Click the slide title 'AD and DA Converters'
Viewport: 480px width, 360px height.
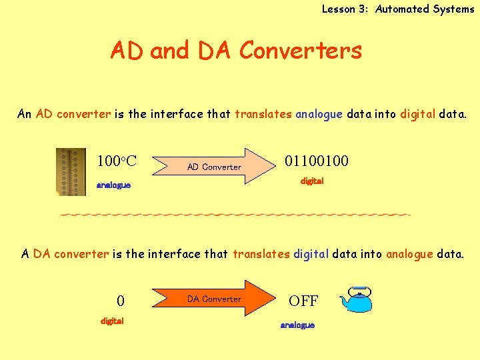click(236, 51)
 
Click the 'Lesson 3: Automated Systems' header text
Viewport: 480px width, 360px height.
click(397, 9)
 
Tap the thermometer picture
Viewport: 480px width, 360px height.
click(71, 171)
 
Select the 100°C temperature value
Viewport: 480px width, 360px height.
click(117, 161)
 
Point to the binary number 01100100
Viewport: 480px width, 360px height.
click(317, 161)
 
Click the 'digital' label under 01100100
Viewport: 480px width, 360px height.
click(312, 181)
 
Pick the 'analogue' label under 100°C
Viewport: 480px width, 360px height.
click(114, 185)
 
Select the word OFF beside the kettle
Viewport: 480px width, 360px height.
click(303, 301)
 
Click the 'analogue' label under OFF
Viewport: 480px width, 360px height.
click(297, 325)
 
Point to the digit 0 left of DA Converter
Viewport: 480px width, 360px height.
click(121, 301)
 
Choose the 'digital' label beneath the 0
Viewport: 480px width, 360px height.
click(112, 321)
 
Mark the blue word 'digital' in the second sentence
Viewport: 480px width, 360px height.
click(311, 253)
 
